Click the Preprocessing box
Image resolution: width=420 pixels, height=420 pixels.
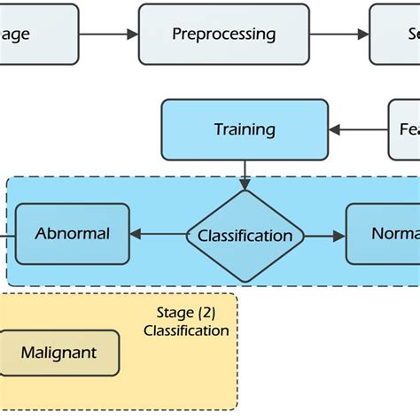[223, 35]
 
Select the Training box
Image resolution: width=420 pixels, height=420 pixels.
[245, 129]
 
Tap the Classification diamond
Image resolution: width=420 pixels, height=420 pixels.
[245, 236]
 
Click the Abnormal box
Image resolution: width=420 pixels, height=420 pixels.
[73, 234]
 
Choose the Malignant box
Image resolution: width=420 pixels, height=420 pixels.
[59, 353]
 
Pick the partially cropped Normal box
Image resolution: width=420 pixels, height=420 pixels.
[384, 235]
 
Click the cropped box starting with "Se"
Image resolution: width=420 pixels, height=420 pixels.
[395, 35]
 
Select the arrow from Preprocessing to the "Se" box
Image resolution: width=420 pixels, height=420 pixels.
[339, 35]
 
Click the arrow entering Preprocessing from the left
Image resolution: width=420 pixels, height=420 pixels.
[108, 35]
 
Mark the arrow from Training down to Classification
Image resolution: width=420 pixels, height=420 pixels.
[245, 175]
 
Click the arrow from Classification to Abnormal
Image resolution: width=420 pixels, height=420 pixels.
[158, 236]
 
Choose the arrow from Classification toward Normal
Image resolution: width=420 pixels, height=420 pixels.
[325, 236]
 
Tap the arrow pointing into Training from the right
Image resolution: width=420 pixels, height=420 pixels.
[358, 129]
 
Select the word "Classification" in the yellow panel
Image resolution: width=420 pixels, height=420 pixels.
[186, 331]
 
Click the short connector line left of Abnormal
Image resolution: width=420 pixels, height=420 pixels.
[6, 235]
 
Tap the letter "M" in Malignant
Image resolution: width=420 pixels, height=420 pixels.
[27, 353]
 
